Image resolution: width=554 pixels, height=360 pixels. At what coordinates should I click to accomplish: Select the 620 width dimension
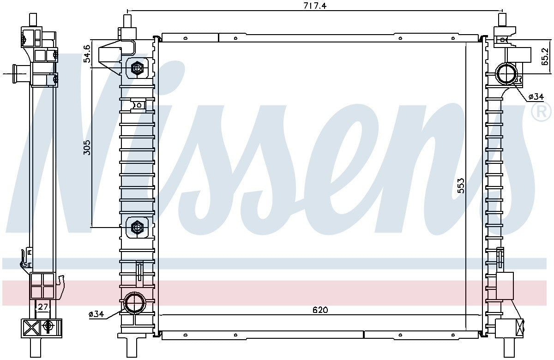319,310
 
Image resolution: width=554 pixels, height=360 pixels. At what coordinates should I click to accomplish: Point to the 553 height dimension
460,185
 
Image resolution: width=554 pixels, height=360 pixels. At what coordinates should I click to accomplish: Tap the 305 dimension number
86,147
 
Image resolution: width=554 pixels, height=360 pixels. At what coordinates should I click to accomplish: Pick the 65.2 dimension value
545,57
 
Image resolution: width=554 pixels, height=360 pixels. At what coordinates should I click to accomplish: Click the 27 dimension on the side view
43,307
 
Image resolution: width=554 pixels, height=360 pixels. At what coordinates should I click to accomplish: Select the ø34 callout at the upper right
536,96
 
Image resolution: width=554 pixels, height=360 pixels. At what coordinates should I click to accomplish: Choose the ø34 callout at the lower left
96,314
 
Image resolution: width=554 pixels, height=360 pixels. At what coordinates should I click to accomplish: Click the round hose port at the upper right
507,73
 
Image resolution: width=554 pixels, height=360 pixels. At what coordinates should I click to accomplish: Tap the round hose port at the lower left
135,303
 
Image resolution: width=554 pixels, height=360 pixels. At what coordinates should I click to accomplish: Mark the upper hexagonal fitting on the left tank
137,69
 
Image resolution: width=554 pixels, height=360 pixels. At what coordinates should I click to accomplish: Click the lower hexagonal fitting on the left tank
137,227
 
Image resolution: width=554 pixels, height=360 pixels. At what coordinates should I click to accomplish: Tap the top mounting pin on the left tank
128,21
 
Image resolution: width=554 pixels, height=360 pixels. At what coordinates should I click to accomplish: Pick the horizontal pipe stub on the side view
19,73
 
